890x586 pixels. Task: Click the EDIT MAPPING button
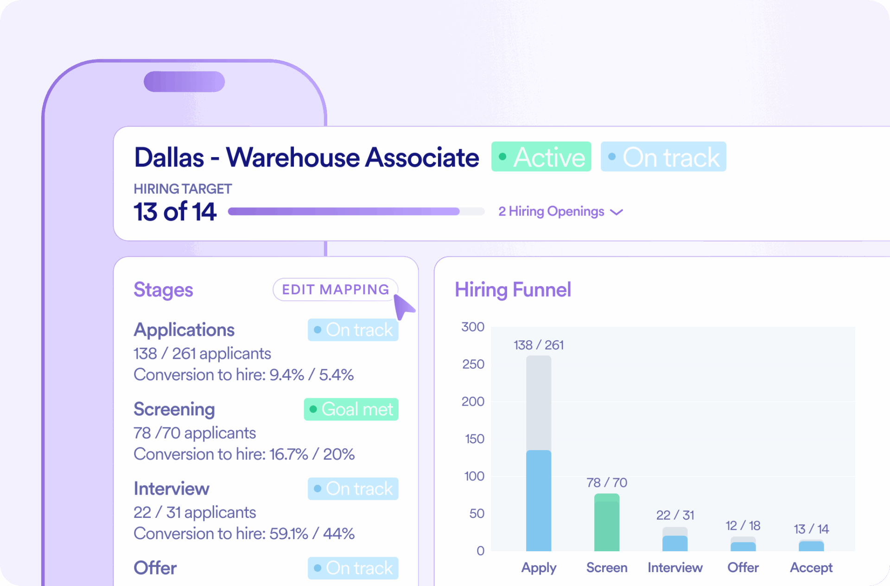pyautogui.click(x=335, y=290)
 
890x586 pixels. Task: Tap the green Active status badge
pyautogui.click(x=541, y=157)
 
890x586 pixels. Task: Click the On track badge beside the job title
pyautogui.click(x=663, y=157)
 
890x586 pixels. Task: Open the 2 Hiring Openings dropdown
pyautogui.click(x=560, y=211)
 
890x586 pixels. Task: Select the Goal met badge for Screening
pyautogui.click(x=351, y=409)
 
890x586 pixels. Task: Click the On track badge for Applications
pyautogui.click(x=353, y=330)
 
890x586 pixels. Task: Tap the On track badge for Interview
pyautogui.click(x=353, y=489)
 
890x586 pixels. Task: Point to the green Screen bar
pyautogui.click(x=606, y=522)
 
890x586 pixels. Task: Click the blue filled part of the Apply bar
pyautogui.click(x=539, y=501)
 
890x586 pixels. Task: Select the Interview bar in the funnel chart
pyautogui.click(x=674, y=541)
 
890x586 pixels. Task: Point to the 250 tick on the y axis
pyautogui.click(x=473, y=364)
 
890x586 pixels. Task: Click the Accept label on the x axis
pyautogui.click(x=811, y=567)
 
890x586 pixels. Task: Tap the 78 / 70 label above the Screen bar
pyautogui.click(x=606, y=483)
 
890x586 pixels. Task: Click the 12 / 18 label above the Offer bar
pyautogui.click(x=743, y=525)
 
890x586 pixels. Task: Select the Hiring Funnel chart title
pyautogui.click(x=513, y=290)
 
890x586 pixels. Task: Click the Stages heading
pyautogui.click(x=163, y=290)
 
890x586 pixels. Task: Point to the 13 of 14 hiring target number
pyautogui.click(x=175, y=211)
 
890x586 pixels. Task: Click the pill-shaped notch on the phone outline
pyautogui.click(x=184, y=82)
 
